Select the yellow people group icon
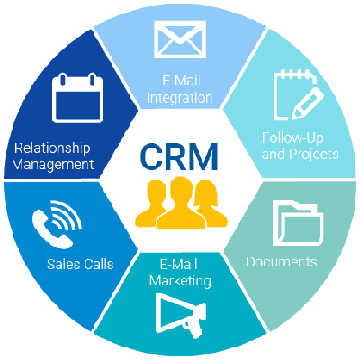[x=181, y=202]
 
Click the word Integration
[x=181, y=97]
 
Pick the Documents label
[x=282, y=262]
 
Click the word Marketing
[x=181, y=281]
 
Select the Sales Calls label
[x=81, y=265]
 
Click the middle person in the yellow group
[x=181, y=202]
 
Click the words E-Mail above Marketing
[x=181, y=265]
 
